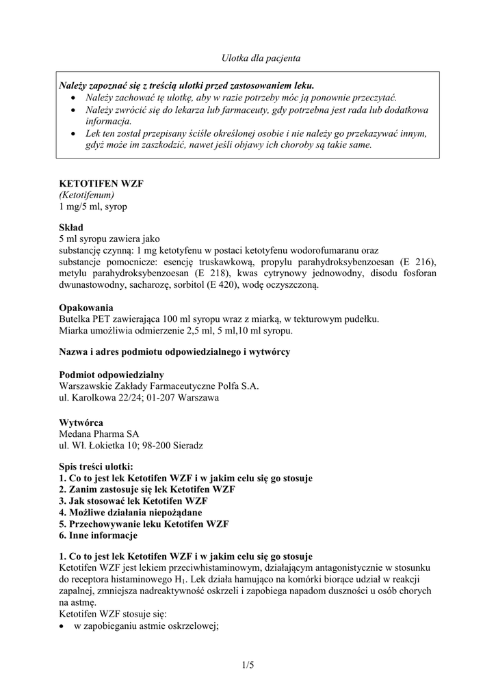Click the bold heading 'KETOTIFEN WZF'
pos(101,184)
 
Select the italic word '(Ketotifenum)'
pos(86,195)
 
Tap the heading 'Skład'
pos(71,228)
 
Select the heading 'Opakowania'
pos(86,308)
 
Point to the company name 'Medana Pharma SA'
pos(99,434)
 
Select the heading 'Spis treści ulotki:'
pos(100,468)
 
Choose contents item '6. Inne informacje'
pos(99,535)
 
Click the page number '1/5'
pos(248,664)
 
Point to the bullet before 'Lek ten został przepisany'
pos(73,133)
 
